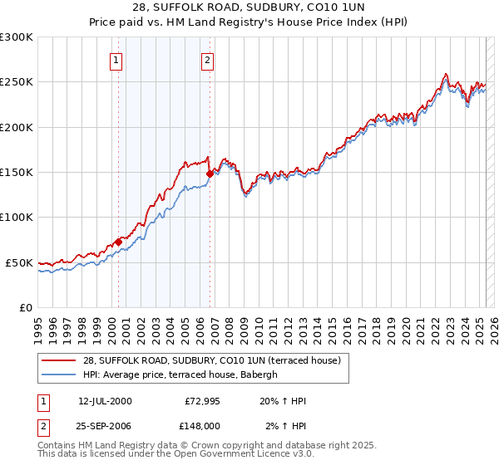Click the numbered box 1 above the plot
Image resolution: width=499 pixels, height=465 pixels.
click(116, 60)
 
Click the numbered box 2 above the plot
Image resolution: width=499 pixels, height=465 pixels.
click(206, 60)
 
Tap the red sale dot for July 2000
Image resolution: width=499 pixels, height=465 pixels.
click(118, 242)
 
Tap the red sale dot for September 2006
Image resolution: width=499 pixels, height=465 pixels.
click(210, 174)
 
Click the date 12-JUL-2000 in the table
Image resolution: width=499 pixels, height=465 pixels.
click(105, 401)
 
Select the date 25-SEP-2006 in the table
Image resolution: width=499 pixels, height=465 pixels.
click(105, 425)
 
